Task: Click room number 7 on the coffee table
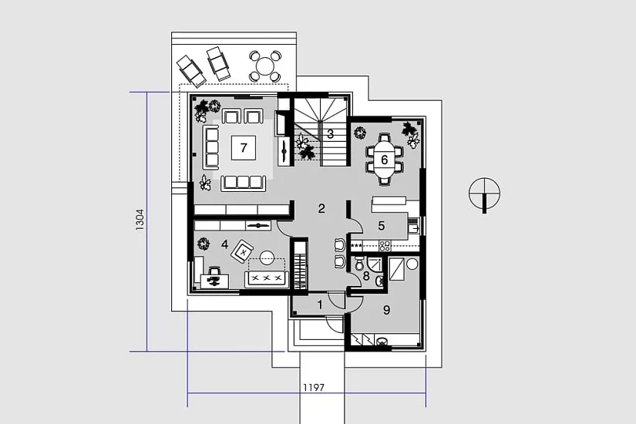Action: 244,148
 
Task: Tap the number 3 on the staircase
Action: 330,133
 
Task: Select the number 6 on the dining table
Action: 384,160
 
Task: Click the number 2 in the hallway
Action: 321,209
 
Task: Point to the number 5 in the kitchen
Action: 382,226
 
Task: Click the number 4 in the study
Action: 224,244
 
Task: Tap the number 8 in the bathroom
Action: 366,277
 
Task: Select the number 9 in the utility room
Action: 386,310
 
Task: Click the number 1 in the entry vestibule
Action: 320,305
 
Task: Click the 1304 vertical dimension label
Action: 140,220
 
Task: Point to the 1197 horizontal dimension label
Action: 314,388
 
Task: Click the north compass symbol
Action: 484,195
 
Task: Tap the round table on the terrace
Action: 265,66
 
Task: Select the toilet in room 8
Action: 359,264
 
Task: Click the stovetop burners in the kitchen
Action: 384,245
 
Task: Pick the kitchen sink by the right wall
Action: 413,228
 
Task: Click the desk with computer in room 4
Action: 214,281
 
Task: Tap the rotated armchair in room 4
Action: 243,252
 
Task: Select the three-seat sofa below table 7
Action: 243,183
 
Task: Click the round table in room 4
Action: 268,258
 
